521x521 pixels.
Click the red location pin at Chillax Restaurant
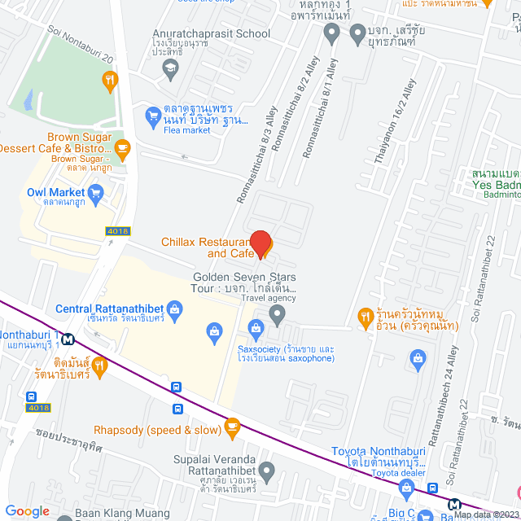click(260, 243)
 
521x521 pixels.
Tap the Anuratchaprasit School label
click(212, 34)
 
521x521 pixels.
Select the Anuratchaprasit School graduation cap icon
click(170, 68)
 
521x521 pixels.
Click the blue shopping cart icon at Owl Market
click(97, 193)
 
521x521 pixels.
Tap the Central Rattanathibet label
click(120, 309)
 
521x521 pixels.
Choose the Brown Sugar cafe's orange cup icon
click(123, 148)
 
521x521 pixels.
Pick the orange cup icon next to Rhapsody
click(232, 426)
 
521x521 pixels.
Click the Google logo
click(28, 511)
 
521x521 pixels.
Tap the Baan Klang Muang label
click(122, 514)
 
